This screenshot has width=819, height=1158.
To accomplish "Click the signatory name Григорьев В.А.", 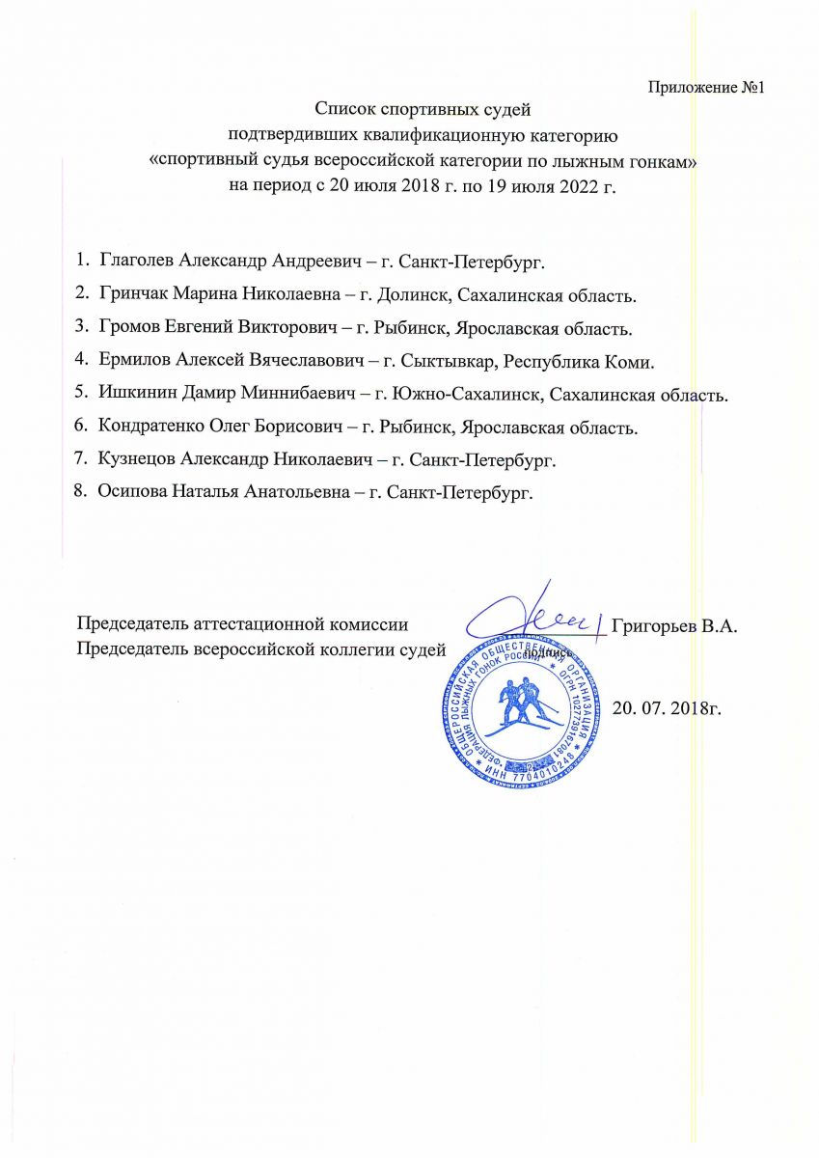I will click(x=674, y=625).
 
